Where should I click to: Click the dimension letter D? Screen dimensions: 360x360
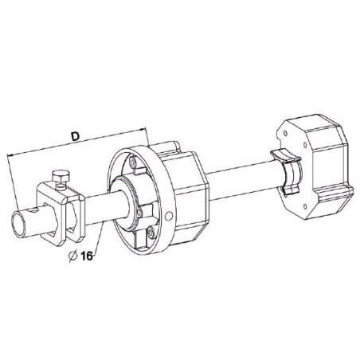tap(74, 138)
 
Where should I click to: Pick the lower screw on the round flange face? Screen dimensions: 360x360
tap(145, 237)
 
